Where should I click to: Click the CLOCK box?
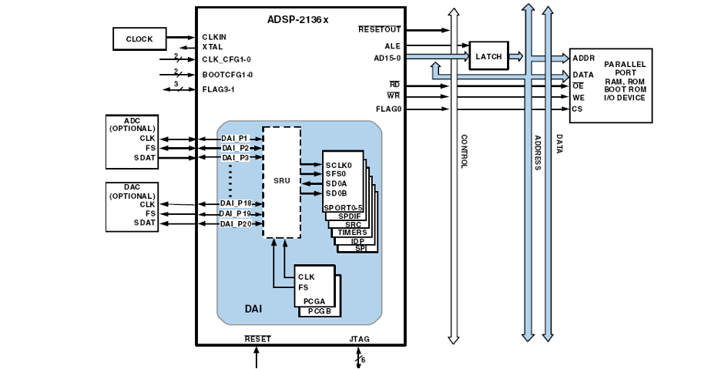pos(139,39)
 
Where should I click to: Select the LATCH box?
pos(489,56)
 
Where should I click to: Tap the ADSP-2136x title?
pos(297,19)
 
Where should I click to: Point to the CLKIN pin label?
pos(214,37)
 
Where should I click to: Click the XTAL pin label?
pos(212,47)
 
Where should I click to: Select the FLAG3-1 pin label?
pos(218,89)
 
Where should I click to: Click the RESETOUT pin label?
pos(379,30)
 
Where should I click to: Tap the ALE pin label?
pos(392,46)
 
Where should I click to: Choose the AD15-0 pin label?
pos(387,58)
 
